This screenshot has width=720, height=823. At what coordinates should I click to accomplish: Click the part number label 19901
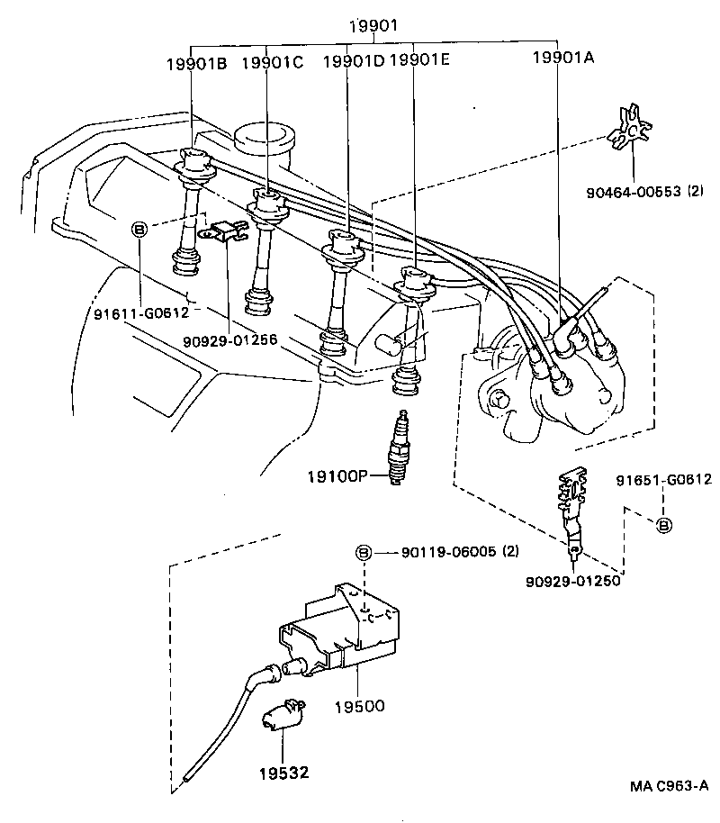pyautogui.click(x=373, y=27)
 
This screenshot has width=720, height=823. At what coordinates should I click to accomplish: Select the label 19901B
pyautogui.click(x=196, y=64)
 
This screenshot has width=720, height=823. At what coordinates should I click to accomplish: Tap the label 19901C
pyautogui.click(x=274, y=64)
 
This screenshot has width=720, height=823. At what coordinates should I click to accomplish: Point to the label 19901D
pyautogui.click(x=353, y=64)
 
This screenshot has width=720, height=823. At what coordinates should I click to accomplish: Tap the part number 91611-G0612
pyautogui.click(x=141, y=313)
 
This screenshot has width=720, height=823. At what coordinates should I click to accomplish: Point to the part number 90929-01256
pyautogui.click(x=229, y=341)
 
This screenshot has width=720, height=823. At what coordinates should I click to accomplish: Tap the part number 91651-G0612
pyautogui.click(x=664, y=480)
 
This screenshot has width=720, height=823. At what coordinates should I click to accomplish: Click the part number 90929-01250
pyautogui.click(x=572, y=581)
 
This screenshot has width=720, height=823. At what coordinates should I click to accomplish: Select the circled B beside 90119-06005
pyautogui.click(x=363, y=552)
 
